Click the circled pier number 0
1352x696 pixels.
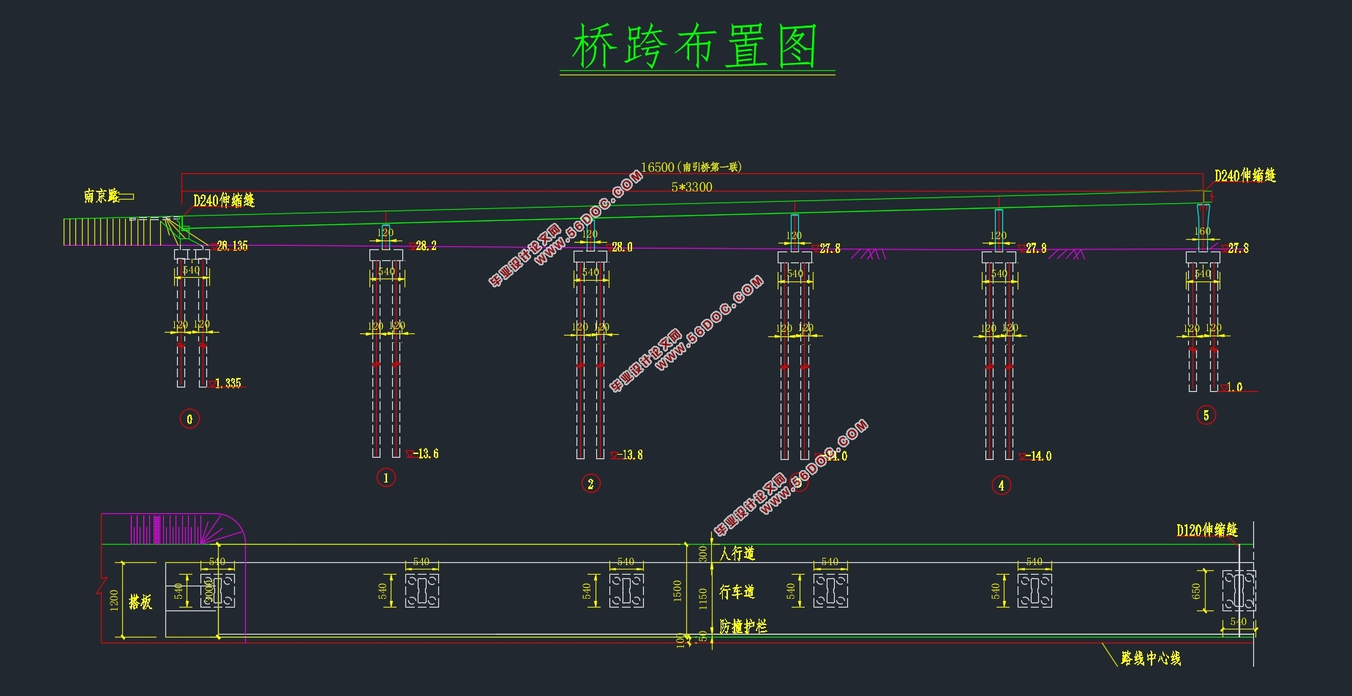pos(189,419)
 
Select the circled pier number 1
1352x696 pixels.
pos(386,478)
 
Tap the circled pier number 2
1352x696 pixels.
pos(590,483)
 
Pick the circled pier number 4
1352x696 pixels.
pos(1001,485)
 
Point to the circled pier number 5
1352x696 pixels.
pos(1206,415)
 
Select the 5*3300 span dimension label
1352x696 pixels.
pos(691,187)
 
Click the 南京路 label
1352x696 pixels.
pos(102,196)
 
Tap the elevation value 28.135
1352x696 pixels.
pos(232,246)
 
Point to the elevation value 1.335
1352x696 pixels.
pos(228,383)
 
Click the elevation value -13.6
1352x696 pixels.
pos(426,454)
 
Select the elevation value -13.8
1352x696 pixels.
pos(630,455)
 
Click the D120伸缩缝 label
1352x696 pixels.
pos(1206,530)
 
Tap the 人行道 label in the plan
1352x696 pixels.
pos(737,553)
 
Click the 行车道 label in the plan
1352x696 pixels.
pos(737,591)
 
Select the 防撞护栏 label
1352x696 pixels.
pos(743,627)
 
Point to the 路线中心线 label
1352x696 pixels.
pos(1151,659)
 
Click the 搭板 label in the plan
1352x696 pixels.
pos(140,602)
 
